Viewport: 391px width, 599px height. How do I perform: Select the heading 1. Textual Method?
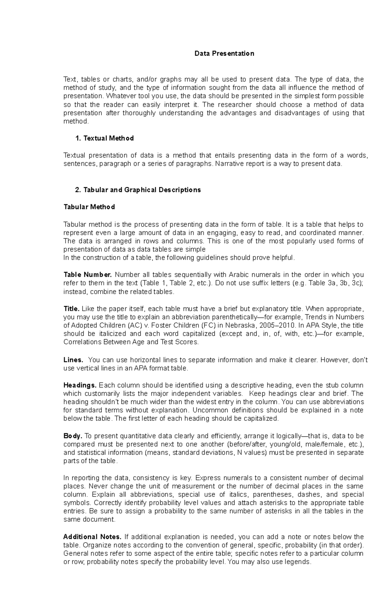click(104, 138)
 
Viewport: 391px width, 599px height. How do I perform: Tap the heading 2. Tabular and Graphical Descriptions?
click(138, 190)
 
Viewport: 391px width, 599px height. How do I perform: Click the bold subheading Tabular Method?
click(89, 207)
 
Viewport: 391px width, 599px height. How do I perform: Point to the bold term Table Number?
click(88, 275)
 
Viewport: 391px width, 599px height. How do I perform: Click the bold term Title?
click(71, 309)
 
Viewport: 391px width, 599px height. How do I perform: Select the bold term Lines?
click(73, 360)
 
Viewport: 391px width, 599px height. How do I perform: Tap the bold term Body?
click(73, 436)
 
